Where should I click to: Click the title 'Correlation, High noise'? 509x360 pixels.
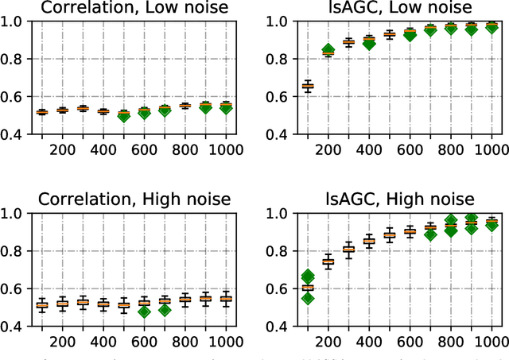pyautogui.click(x=134, y=199)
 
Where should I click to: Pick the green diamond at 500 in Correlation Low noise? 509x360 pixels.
pyautogui.click(x=122, y=115)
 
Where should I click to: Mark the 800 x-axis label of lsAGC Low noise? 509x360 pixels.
pyautogui.click(x=429, y=148)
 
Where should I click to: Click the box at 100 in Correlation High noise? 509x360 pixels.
pyautogui.click(x=41, y=304)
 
